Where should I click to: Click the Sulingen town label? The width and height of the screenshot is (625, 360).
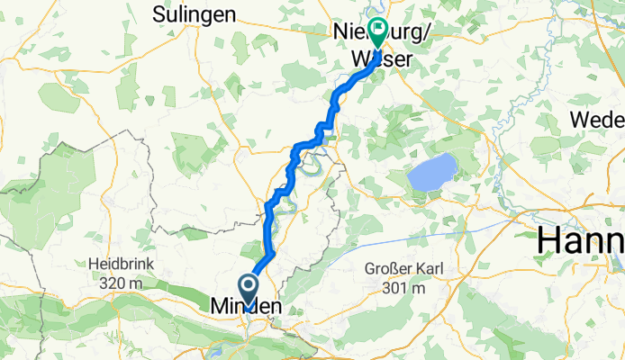point(195,14)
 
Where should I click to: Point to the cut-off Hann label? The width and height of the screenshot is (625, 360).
point(581,241)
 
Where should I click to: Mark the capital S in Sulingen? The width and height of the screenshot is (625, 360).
point(159,14)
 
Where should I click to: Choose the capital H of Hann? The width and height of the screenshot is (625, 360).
point(549,241)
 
